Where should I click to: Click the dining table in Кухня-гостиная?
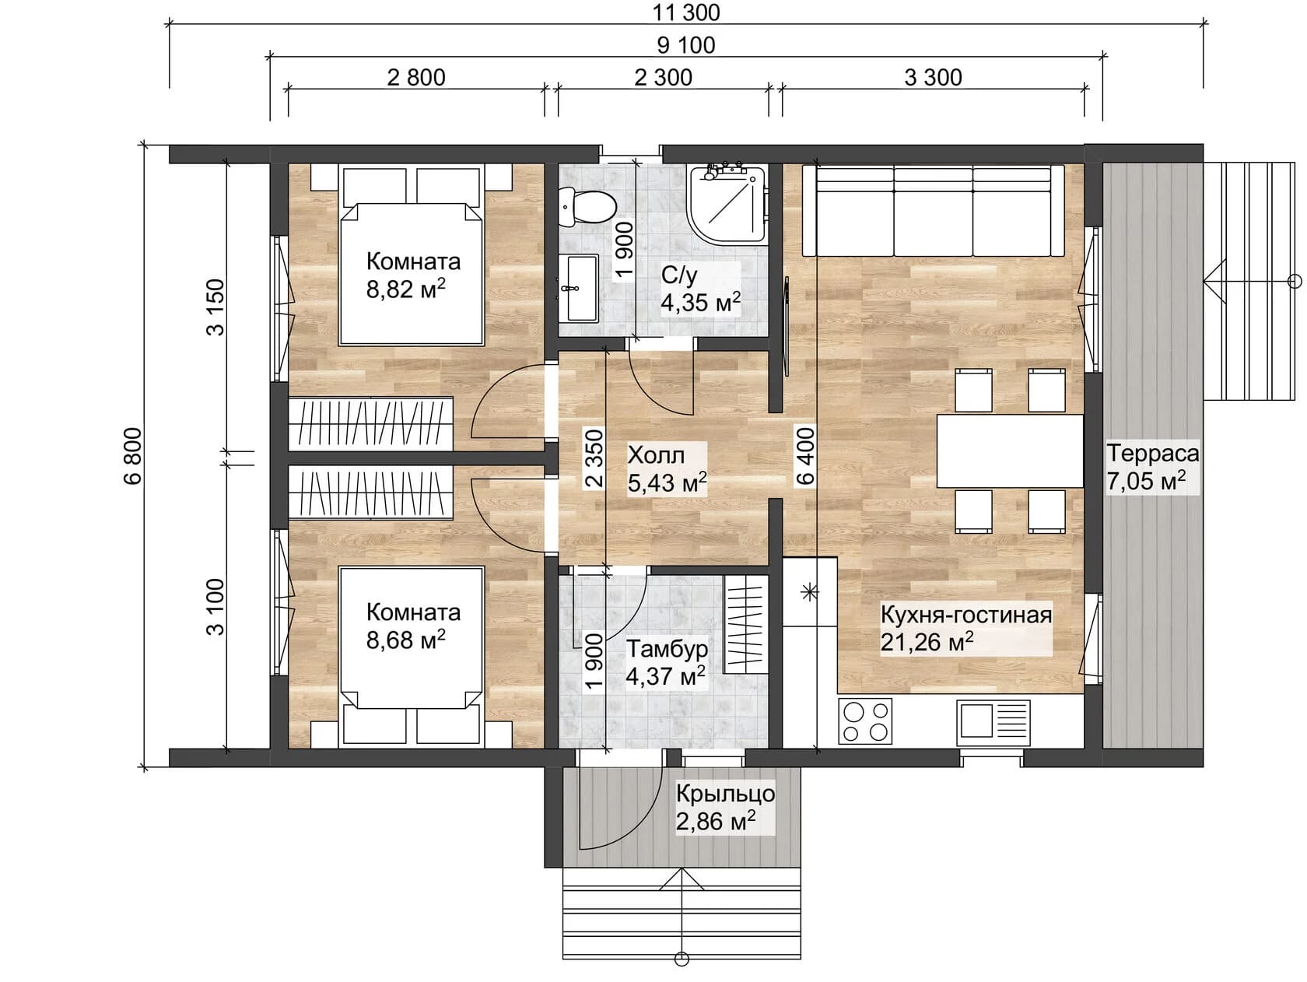pyautogui.click(x=1010, y=451)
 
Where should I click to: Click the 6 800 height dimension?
pyautogui.click(x=133, y=455)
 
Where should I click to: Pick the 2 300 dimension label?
pyautogui.click(x=663, y=77)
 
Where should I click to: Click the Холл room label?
pyautogui.click(x=656, y=454)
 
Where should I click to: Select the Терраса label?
pyautogui.click(x=1152, y=453)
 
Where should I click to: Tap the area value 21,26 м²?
pyautogui.click(x=927, y=642)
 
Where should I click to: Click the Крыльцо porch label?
pyautogui.click(x=724, y=794)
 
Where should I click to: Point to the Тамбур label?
pyautogui.click(x=667, y=648)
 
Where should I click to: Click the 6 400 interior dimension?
pyautogui.click(x=805, y=455)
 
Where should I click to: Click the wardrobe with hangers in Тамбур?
pyautogui.click(x=745, y=625)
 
